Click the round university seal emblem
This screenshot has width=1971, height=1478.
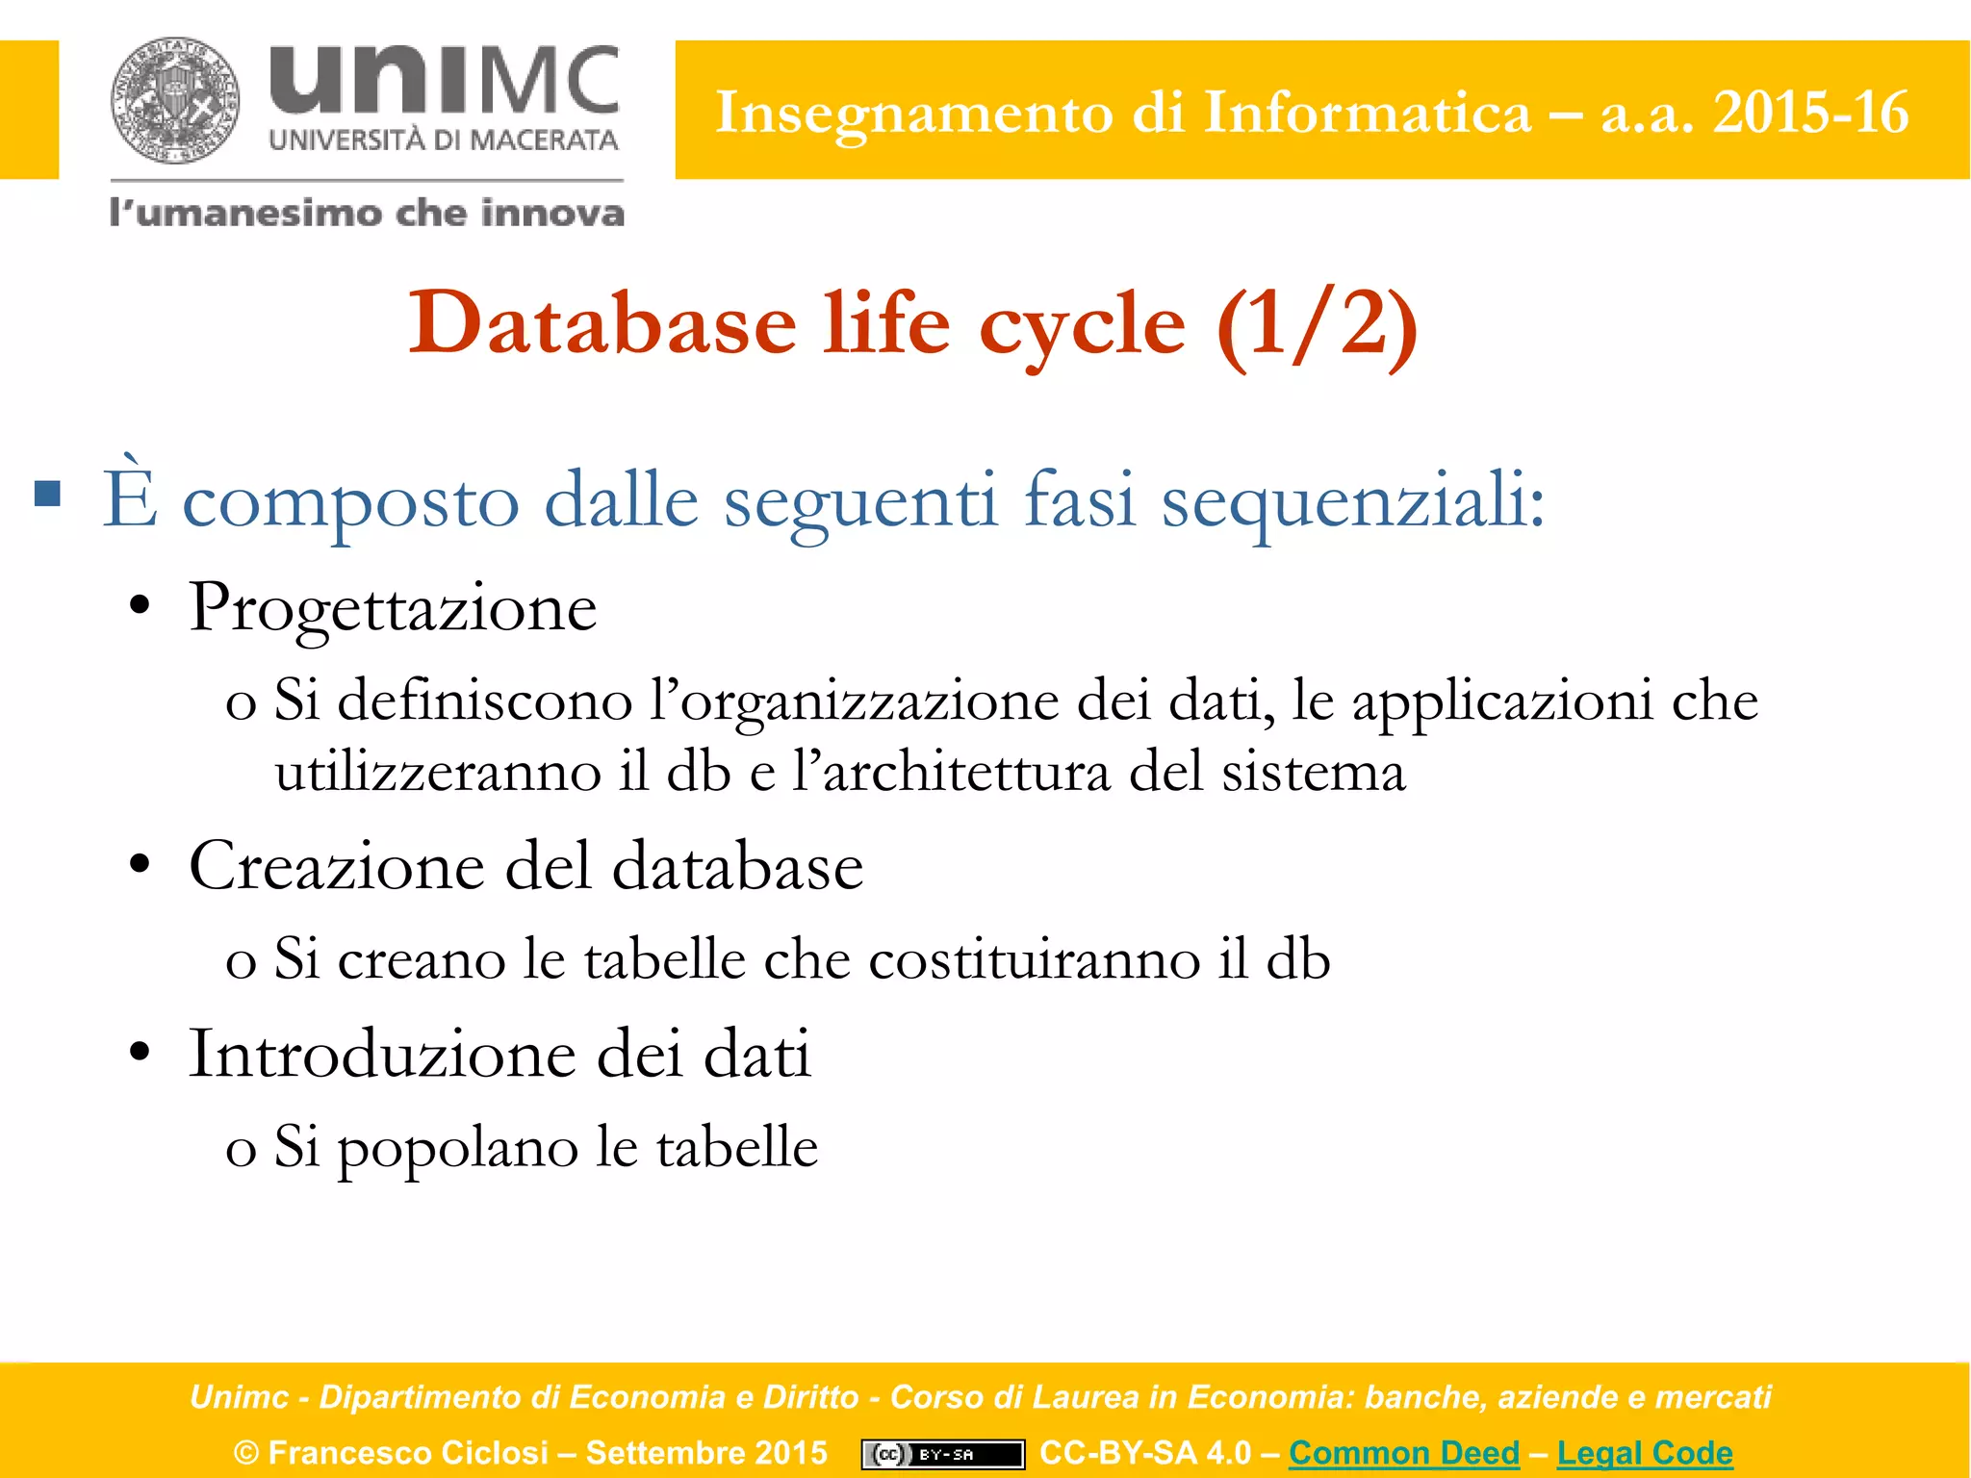[174, 101]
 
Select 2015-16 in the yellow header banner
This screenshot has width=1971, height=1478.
[1810, 113]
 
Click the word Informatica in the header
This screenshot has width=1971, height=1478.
[1367, 113]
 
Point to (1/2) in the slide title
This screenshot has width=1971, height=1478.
[1317, 325]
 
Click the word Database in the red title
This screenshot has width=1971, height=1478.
[602, 323]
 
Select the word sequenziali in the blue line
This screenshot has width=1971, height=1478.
[1352, 501]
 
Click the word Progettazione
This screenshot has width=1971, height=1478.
[393, 608]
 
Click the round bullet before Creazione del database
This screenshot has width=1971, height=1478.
[141, 865]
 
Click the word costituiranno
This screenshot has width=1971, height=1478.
[1035, 959]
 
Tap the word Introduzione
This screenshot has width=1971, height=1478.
[383, 1054]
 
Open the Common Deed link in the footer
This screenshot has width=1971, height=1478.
[1404, 1452]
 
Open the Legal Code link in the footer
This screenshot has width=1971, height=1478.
[1645, 1452]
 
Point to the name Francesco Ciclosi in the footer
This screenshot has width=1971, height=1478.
[408, 1452]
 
